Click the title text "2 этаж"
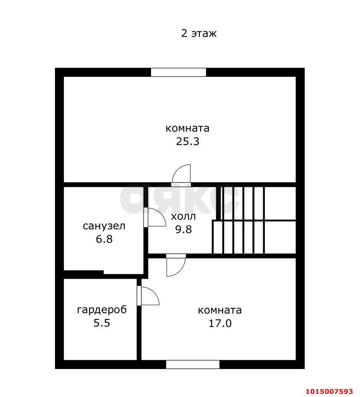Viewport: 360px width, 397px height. point(198,34)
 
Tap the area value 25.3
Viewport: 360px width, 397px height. point(188,141)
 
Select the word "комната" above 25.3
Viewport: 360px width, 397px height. point(188,128)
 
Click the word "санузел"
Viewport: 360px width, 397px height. point(104,226)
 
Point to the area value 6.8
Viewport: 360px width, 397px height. point(104,239)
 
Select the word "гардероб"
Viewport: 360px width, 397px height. point(102,310)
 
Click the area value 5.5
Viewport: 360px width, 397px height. point(102,323)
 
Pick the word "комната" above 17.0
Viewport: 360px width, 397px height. point(220,310)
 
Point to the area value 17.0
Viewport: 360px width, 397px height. point(220,323)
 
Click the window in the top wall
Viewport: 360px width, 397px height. point(178,72)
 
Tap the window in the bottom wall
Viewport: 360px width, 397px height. point(193,364)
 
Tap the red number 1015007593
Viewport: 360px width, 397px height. point(329,392)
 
